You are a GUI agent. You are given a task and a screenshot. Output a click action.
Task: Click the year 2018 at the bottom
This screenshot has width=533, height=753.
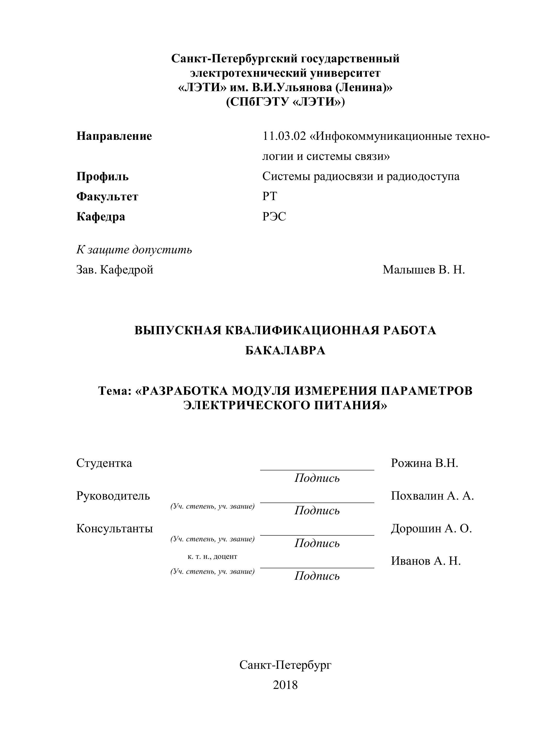(x=285, y=685)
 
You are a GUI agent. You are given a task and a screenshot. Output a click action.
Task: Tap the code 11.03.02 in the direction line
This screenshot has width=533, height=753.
(x=284, y=136)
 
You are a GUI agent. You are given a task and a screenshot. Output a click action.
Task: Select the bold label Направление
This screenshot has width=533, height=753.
(x=114, y=136)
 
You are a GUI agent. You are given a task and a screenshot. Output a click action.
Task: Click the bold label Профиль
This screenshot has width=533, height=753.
(x=102, y=176)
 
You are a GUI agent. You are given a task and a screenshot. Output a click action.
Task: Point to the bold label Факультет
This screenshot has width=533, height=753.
(x=107, y=196)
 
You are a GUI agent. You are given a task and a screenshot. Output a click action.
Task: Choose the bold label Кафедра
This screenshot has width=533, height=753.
(x=101, y=217)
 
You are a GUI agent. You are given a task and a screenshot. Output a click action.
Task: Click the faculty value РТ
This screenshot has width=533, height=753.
(x=270, y=196)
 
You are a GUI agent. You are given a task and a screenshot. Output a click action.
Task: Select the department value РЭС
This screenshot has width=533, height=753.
(x=274, y=217)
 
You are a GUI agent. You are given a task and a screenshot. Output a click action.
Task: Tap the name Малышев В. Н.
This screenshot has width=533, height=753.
(x=424, y=270)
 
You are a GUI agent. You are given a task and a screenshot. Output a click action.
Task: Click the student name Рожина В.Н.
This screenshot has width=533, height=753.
(x=424, y=463)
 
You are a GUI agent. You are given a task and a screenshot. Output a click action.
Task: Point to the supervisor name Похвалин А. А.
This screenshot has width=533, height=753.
(x=432, y=495)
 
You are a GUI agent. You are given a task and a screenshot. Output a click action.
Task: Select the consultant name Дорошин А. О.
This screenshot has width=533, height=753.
(x=431, y=528)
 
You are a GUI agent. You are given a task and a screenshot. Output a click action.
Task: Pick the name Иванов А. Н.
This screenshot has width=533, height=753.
(x=426, y=561)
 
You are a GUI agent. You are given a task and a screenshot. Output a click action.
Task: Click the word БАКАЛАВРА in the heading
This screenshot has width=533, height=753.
(x=285, y=350)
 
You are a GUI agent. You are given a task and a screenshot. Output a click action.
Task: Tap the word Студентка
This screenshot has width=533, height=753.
(x=104, y=463)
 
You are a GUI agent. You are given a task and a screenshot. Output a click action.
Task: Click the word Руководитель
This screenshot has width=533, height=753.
(x=113, y=495)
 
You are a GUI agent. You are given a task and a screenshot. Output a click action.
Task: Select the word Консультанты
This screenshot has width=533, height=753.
(x=114, y=528)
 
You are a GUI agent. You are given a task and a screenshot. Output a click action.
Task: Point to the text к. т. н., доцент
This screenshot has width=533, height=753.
(x=212, y=556)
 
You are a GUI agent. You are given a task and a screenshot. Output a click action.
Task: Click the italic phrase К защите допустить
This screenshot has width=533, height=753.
(x=134, y=250)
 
